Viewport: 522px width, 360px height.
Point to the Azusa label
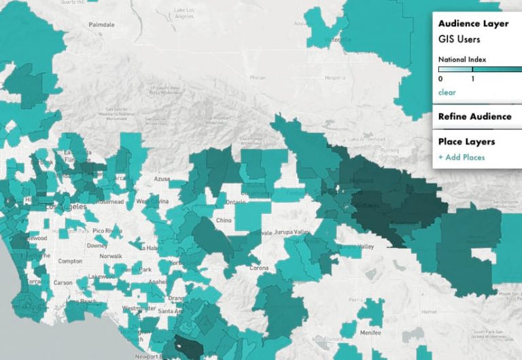pos(162,179)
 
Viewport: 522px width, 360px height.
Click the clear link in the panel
pos(447,92)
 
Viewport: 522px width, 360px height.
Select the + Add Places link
pos(461,158)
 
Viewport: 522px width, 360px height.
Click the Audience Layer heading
pos(473,24)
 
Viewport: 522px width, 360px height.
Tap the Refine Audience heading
pos(474,116)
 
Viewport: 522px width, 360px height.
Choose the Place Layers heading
pos(466,141)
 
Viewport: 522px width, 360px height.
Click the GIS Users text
pos(459,39)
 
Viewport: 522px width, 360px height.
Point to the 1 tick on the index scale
pos(473,79)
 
